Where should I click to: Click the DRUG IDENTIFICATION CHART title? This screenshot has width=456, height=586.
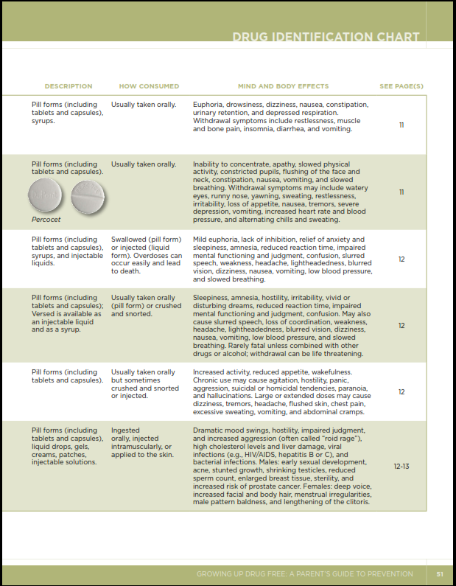click(326, 37)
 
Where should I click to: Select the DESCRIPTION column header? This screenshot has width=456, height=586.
click(69, 86)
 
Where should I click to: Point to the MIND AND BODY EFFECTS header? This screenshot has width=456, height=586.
click(283, 86)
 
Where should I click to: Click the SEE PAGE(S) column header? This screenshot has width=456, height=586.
click(401, 86)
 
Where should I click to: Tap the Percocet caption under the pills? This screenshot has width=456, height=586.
click(46, 220)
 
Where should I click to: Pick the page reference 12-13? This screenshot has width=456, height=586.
click(401, 466)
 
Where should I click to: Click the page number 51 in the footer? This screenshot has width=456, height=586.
click(440, 573)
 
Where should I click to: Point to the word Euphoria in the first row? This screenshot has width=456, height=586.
click(208, 105)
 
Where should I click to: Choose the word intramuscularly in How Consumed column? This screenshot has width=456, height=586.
click(137, 447)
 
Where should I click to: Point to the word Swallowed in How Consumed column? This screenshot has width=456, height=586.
click(128, 240)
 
